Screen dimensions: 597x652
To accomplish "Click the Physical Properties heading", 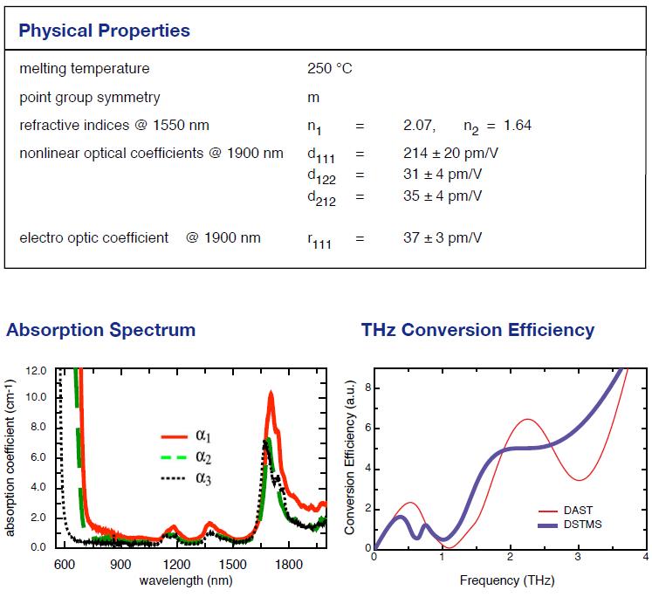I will pyautogui.click(x=104, y=31).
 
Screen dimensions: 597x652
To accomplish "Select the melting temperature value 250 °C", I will pyautogui.click(x=329, y=69).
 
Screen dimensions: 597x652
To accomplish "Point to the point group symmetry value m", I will pyautogui.click(x=312, y=98).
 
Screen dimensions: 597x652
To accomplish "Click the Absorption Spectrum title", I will pyautogui.click(x=100, y=330).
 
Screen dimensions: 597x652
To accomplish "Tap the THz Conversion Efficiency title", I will pyautogui.click(x=477, y=330).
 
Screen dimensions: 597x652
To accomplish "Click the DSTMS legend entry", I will pyautogui.click(x=580, y=525).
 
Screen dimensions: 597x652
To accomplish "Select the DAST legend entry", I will pyautogui.click(x=580, y=511).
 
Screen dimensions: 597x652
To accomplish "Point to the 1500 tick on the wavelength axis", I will pyautogui.click(x=233, y=564).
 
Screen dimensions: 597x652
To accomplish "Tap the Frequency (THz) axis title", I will pyautogui.click(x=504, y=580).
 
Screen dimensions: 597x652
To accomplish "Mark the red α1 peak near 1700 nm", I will pyautogui.click(x=271, y=394).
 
